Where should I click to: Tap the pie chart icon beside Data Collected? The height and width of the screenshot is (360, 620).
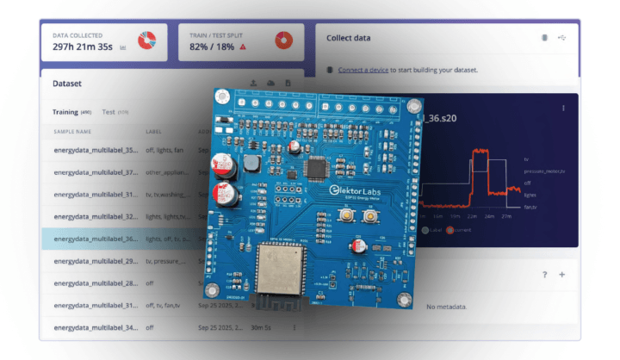[x=147, y=40]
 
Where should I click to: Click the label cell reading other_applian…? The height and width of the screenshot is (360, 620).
[x=169, y=172]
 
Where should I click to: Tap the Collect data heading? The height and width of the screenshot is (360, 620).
[x=349, y=38]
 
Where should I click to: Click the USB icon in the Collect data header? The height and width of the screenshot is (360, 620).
[x=563, y=38]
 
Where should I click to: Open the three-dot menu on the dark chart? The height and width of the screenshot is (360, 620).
[x=564, y=108]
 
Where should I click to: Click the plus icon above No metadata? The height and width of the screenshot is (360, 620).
[x=562, y=275]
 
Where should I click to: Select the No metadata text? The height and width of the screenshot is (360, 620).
[x=446, y=307]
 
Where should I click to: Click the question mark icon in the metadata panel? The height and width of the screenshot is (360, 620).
[x=544, y=275]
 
